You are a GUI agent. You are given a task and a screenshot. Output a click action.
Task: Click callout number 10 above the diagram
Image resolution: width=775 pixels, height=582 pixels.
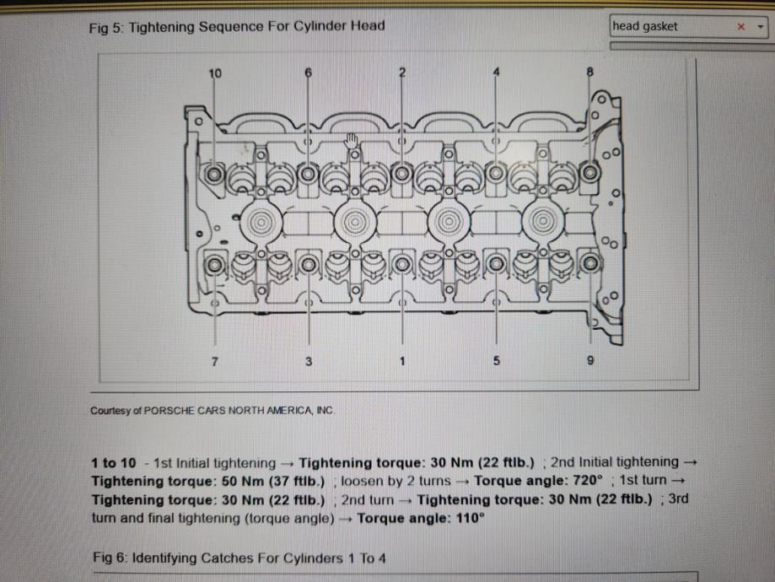(215, 73)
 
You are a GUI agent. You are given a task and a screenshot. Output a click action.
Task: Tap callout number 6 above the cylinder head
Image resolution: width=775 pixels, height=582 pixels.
(309, 73)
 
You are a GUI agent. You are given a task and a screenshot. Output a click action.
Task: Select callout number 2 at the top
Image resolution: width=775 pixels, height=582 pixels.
(402, 72)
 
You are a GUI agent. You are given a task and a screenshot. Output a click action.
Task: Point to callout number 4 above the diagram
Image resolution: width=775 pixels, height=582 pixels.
(497, 72)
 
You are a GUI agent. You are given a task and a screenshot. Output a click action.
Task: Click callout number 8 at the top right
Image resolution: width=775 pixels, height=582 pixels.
(590, 73)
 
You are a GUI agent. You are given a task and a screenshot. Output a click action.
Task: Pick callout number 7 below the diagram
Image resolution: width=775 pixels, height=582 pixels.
(215, 361)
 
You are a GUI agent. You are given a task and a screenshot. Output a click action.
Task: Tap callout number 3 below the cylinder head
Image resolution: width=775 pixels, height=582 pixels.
(309, 361)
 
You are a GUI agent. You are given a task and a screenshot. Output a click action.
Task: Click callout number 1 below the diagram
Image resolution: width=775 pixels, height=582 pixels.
(402, 361)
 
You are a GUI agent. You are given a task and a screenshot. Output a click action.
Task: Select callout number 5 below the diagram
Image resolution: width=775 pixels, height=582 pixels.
(497, 361)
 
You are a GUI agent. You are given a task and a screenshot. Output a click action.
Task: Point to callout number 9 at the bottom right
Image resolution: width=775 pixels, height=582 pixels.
(590, 361)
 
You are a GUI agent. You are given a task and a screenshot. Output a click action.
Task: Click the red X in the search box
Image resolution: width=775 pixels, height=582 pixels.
(741, 27)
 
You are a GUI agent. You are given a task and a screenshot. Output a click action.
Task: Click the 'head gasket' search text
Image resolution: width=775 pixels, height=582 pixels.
(645, 26)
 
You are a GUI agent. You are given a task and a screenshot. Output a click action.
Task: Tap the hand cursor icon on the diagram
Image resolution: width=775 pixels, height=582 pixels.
(352, 139)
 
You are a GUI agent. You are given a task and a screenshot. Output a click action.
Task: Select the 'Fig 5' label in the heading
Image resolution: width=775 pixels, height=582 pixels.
(105, 26)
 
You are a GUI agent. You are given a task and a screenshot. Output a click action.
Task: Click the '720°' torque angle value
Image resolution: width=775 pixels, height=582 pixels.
(584, 481)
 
